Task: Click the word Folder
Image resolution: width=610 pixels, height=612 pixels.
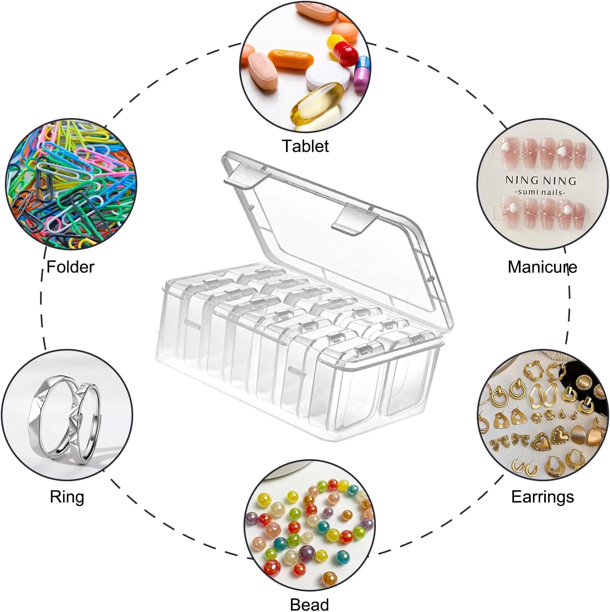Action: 70,267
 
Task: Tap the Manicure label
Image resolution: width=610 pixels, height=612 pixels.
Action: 542,267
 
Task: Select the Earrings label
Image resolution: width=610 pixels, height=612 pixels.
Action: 543,497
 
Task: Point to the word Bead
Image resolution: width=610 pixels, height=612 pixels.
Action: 309,604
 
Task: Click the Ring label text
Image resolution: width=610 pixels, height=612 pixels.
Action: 67,497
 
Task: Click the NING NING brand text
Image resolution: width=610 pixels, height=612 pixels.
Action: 541,180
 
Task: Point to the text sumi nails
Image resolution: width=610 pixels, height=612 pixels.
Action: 541,192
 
